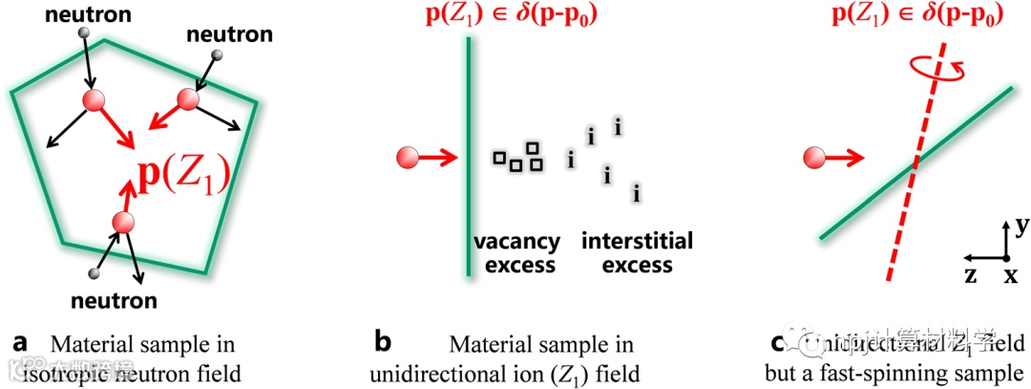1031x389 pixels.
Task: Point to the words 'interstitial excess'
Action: coord(637,251)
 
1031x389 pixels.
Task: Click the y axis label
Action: coord(1020,226)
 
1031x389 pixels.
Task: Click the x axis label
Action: coord(1009,275)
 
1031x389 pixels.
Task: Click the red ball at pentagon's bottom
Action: coord(121,224)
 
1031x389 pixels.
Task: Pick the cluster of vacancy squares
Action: coord(517,158)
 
